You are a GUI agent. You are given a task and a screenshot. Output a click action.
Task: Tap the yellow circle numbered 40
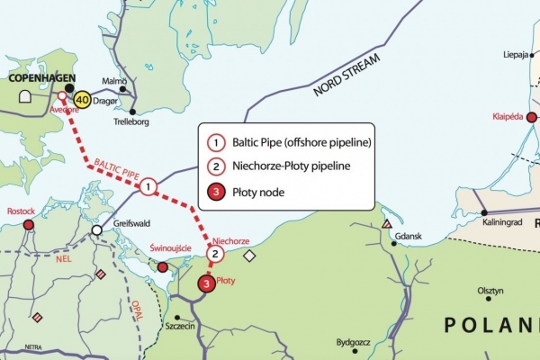pyautogui.click(x=83, y=100)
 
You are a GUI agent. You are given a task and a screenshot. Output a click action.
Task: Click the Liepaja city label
pyautogui.click(x=520, y=55)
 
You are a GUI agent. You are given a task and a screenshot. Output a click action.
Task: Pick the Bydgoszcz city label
pyautogui.click(x=356, y=342)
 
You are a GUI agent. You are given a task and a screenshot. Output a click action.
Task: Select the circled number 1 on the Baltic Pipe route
pyautogui.click(x=148, y=187)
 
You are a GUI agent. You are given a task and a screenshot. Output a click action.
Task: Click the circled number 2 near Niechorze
pyautogui.click(x=214, y=255)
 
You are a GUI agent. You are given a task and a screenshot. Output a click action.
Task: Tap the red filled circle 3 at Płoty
pyautogui.click(x=207, y=284)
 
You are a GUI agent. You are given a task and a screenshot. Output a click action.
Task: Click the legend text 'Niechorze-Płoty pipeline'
pyautogui.click(x=292, y=166)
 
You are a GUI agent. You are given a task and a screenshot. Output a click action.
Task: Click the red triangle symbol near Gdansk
pyautogui.click(x=386, y=223)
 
